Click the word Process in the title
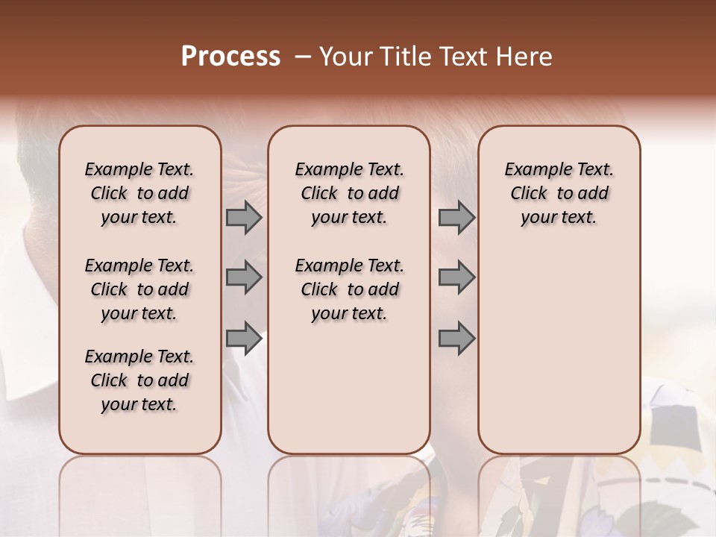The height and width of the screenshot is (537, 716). point(230,57)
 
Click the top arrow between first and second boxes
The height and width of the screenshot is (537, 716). point(244,218)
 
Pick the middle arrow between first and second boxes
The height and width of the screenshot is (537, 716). point(244,277)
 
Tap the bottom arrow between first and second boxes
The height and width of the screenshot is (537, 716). point(244,339)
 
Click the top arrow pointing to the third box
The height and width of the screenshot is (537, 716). point(456,218)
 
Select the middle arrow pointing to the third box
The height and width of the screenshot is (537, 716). point(456,277)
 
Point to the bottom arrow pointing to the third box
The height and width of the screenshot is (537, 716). point(456,339)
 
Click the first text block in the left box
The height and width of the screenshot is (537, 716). point(139,193)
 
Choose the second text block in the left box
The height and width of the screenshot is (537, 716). point(139,289)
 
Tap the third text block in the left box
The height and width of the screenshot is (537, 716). point(139,380)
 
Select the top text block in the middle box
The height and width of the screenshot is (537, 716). point(349,193)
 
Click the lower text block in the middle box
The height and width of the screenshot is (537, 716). point(349,289)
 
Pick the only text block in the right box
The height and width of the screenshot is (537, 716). point(559,193)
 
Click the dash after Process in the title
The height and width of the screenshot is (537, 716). point(302,57)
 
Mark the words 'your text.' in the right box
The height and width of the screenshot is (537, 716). point(559,218)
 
